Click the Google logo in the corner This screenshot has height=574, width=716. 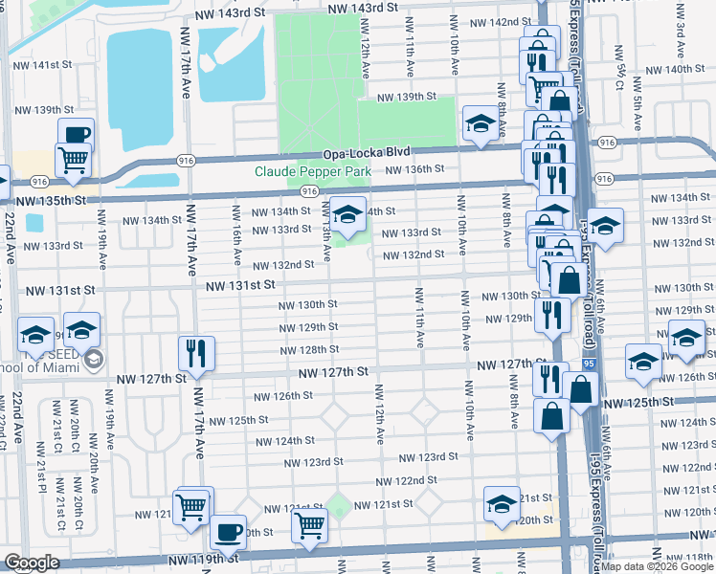pyautogui.click(x=32, y=563)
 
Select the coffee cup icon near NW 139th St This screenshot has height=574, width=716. pyautogui.click(x=76, y=135)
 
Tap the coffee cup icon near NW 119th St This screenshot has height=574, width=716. pyautogui.click(x=228, y=531)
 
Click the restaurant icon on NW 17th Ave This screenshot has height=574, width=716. pyautogui.click(x=196, y=352)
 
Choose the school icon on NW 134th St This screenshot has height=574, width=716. pyautogui.click(x=347, y=212)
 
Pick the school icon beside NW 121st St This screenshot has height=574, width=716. pyautogui.click(x=503, y=502)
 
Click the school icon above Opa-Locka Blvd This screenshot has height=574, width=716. pyautogui.click(x=479, y=123)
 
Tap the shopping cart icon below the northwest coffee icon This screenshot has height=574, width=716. pyautogui.click(x=72, y=159)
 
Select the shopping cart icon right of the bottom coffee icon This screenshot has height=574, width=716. pyautogui.click(x=309, y=523)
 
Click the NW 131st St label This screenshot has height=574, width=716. pyautogui.click(x=238, y=285)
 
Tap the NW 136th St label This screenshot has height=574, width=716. pyautogui.click(x=415, y=168)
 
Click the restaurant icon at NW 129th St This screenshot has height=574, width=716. pyautogui.click(x=550, y=315)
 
